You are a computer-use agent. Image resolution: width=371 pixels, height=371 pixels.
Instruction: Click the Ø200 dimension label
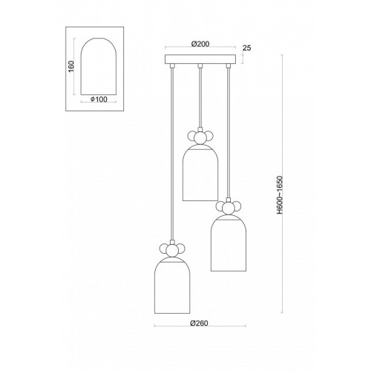(200, 44)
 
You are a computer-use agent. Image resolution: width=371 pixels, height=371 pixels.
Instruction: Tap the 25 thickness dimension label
(246, 48)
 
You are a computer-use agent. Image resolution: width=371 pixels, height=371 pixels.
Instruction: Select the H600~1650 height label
(280, 195)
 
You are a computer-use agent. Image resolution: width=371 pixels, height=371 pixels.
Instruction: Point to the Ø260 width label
(200, 323)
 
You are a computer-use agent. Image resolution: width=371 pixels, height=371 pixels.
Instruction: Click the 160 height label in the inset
(71, 66)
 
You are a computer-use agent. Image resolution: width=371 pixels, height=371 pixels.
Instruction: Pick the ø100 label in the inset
(99, 99)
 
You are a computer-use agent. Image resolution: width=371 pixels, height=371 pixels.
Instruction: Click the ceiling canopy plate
(200, 59)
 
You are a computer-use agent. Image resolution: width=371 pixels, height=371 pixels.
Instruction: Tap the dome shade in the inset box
(99, 66)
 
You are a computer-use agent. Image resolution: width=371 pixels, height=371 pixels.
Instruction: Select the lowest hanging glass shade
(172, 285)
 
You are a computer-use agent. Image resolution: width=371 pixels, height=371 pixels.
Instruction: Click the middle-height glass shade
(228, 243)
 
